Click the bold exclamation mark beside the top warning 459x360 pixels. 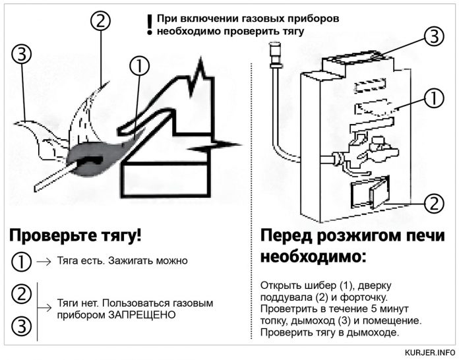coord(150,24)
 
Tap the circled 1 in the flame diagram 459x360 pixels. coord(138,67)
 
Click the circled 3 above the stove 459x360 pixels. coord(432,37)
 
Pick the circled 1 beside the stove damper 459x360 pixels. coord(432,99)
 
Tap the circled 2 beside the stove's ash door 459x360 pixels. coord(432,202)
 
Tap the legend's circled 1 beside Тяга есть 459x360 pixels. coord(21,261)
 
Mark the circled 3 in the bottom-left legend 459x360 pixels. coord(21,325)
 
